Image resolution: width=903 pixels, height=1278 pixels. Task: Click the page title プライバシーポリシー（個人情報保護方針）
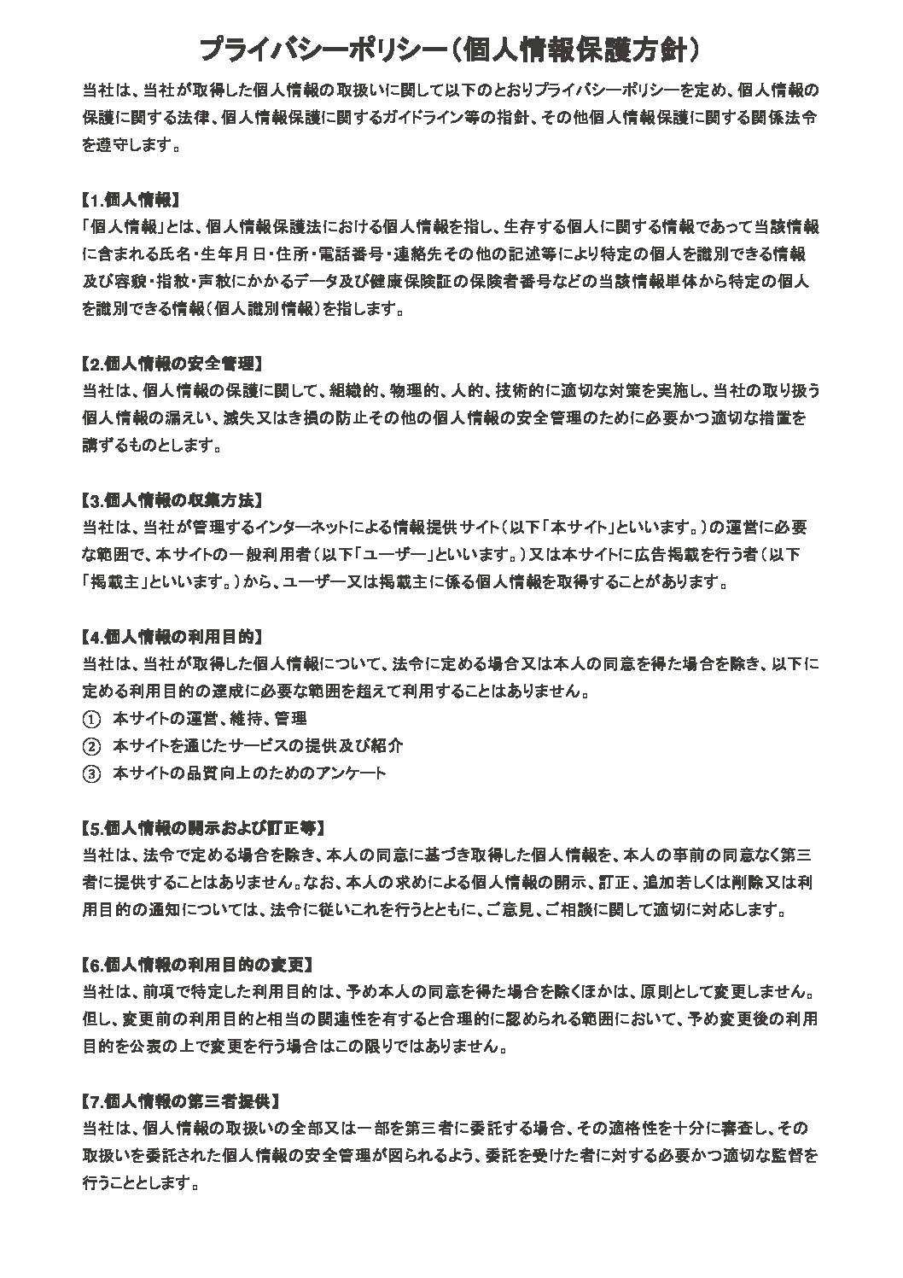(x=451, y=50)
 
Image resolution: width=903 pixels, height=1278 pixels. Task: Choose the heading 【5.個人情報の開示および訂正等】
(x=203, y=827)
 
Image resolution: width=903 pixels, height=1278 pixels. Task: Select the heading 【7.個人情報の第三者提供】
(x=181, y=1100)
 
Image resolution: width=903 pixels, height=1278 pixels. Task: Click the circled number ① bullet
(x=91, y=719)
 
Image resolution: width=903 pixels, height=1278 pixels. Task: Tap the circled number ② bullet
(x=91, y=746)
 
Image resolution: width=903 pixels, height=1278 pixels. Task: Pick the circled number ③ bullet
(x=91, y=773)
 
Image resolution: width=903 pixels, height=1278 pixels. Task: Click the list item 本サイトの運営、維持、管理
(x=210, y=719)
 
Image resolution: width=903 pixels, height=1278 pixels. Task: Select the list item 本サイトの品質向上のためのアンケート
(x=249, y=773)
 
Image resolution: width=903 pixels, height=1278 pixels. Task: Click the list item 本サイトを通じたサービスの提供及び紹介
(x=258, y=746)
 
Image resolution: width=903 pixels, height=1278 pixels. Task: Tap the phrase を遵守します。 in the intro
(x=131, y=145)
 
